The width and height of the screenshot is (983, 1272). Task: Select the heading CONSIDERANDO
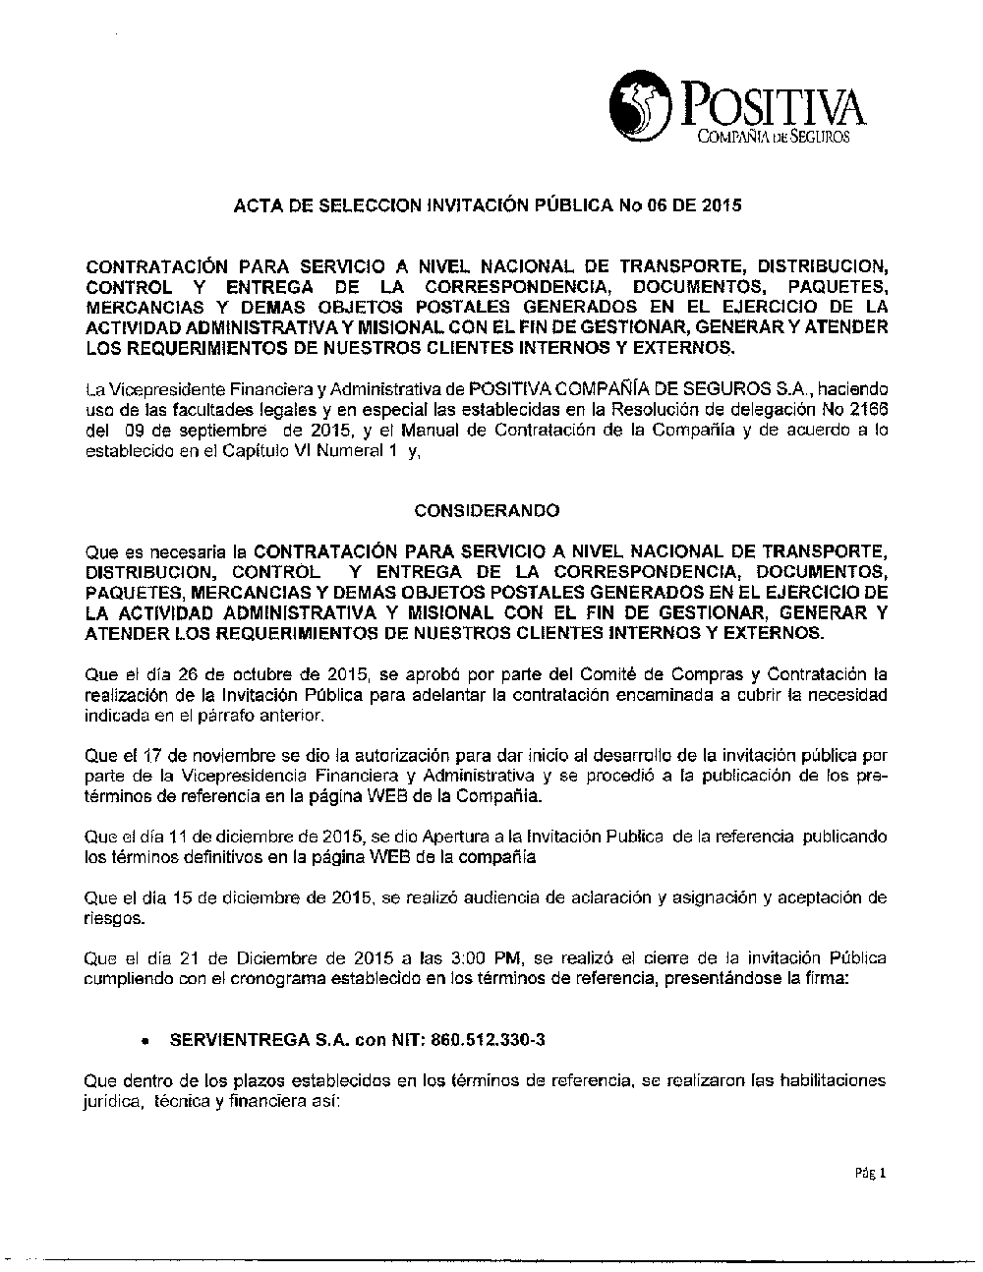click(487, 511)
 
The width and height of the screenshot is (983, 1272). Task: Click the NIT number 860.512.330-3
click(479, 1038)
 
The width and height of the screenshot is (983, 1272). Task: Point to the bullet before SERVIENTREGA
click(145, 1040)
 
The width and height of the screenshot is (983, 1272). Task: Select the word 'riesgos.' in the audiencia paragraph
click(114, 918)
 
